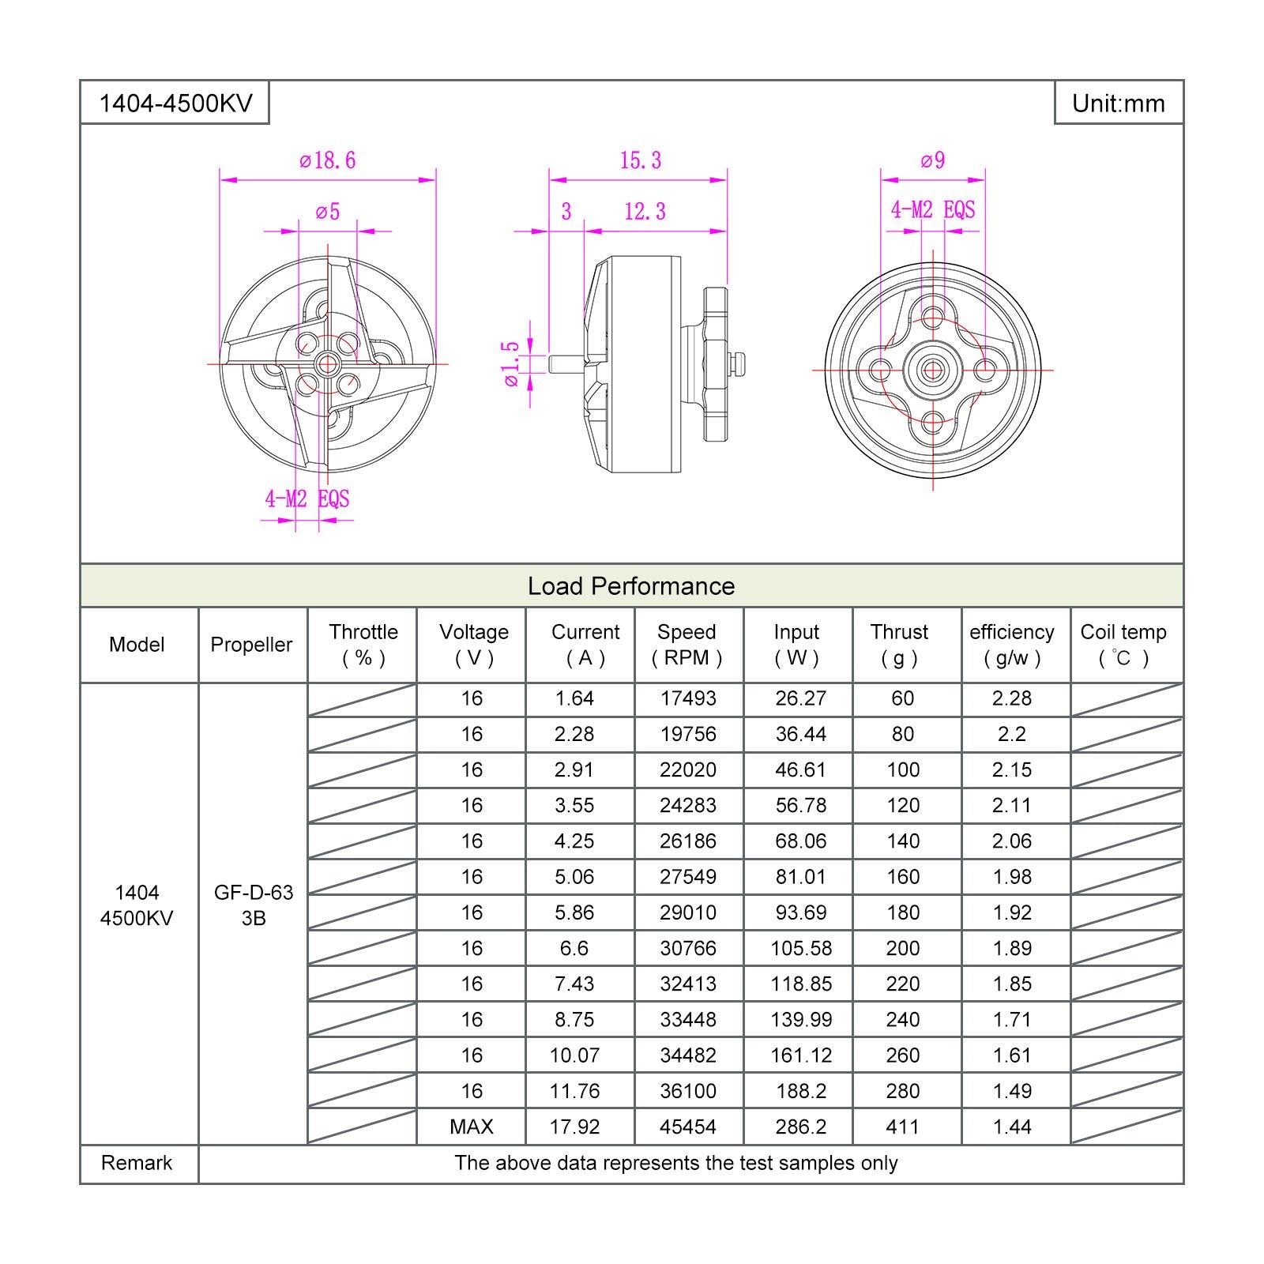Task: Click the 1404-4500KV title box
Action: [175, 103]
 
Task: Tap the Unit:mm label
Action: [1118, 103]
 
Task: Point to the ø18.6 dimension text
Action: [328, 161]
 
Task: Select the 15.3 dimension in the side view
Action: [640, 161]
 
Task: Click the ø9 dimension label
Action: [933, 161]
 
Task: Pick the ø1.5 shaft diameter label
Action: [512, 363]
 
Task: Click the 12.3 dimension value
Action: [645, 212]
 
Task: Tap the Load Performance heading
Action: [631, 586]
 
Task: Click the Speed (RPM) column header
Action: [687, 645]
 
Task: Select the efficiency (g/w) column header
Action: [1012, 645]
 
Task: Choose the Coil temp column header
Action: [1123, 645]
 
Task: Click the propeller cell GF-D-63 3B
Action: [254, 905]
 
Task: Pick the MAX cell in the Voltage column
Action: [472, 1127]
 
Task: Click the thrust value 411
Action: [903, 1127]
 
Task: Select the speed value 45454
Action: [688, 1127]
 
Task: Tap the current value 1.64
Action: [574, 698]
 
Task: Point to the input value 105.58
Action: [801, 948]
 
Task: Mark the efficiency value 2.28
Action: [1012, 698]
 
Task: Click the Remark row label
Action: [137, 1163]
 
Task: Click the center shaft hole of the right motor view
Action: [933, 369]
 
